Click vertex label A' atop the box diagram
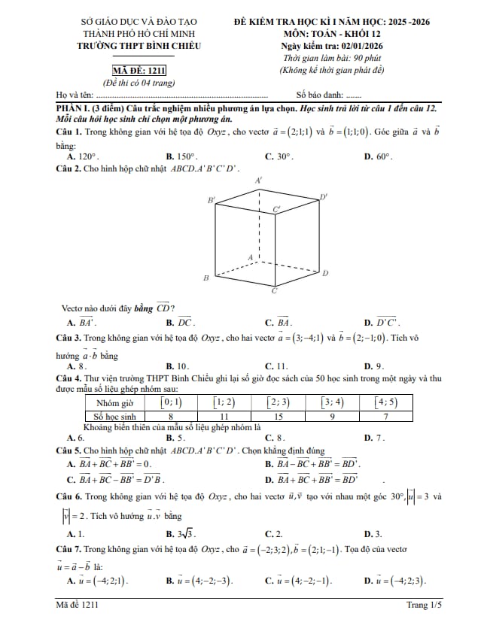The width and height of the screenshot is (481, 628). point(259,181)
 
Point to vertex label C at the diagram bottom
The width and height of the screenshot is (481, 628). point(274,290)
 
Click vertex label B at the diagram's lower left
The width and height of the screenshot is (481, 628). point(205,278)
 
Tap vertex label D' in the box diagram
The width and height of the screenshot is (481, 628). point(324,197)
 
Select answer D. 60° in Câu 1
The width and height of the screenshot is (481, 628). point(378,156)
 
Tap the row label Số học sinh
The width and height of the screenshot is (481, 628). point(114,415)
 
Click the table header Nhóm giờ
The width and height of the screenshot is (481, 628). point(114,402)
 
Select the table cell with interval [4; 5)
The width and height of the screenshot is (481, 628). point(386,402)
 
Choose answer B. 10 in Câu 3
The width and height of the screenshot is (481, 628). point(181,366)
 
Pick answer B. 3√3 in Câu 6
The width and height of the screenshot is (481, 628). point(181,533)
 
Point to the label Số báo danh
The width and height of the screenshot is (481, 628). point(320,95)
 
